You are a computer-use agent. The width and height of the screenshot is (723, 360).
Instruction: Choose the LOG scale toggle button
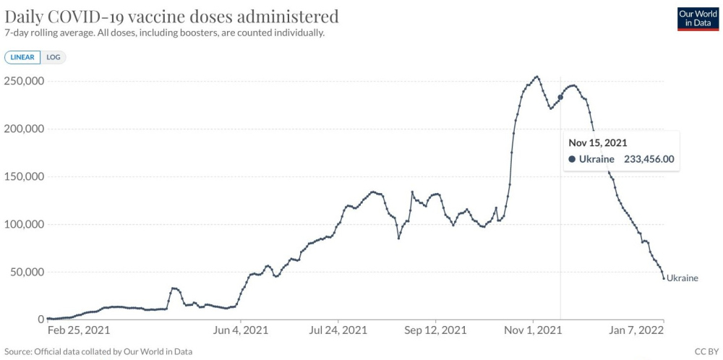pos(54,57)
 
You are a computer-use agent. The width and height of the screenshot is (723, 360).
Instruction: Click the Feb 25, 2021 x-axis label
pos(78,330)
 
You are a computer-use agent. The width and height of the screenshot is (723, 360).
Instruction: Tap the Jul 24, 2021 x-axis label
pos(338,330)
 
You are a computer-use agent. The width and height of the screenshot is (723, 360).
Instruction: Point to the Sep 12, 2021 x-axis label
pos(436,330)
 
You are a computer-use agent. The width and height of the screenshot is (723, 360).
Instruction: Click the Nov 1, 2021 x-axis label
pos(533,330)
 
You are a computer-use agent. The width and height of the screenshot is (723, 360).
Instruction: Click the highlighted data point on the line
pos(560,97)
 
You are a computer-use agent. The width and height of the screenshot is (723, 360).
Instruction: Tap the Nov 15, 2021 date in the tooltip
pos(598,142)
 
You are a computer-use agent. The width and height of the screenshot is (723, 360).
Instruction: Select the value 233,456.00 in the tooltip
pos(649,159)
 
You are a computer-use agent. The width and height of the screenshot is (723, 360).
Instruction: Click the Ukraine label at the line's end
pos(683,278)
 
